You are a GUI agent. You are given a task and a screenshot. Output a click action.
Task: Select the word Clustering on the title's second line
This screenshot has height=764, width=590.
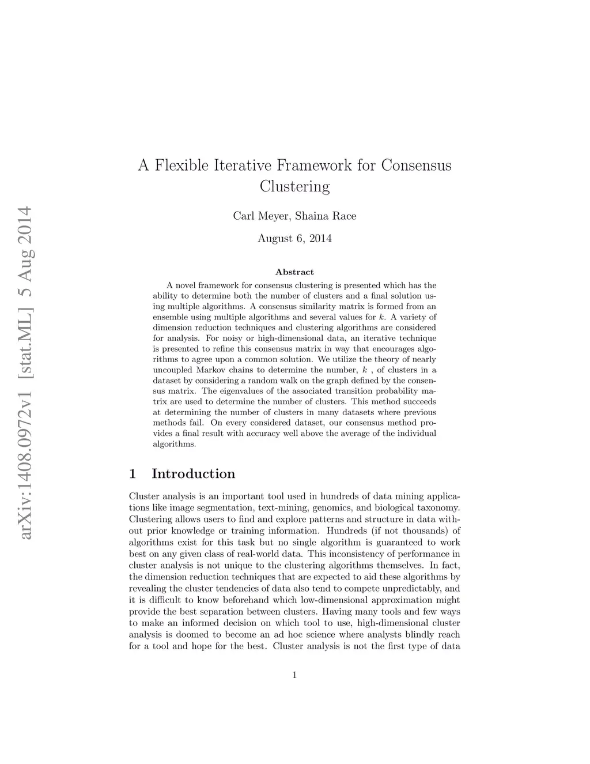point(294,187)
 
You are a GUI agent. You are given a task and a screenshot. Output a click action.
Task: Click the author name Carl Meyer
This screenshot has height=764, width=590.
point(262,216)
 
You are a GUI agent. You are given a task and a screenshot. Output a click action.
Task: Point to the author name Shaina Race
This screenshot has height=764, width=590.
point(326,216)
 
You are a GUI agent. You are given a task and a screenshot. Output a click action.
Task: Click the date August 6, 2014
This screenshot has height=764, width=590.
point(294,238)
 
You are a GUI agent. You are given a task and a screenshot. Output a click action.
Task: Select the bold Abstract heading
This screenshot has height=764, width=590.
point(294,272)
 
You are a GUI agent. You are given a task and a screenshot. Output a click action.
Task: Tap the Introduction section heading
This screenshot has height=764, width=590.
point(194,474)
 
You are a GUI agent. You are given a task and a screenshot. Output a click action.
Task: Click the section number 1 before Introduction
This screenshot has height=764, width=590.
point(133,474)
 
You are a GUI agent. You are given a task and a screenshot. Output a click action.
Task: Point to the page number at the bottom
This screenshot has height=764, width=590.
point(294,675)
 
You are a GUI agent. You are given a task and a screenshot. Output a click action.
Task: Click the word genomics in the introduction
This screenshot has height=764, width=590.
point(330,508)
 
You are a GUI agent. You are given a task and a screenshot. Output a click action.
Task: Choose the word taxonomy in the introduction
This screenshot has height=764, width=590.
point(438,508)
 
